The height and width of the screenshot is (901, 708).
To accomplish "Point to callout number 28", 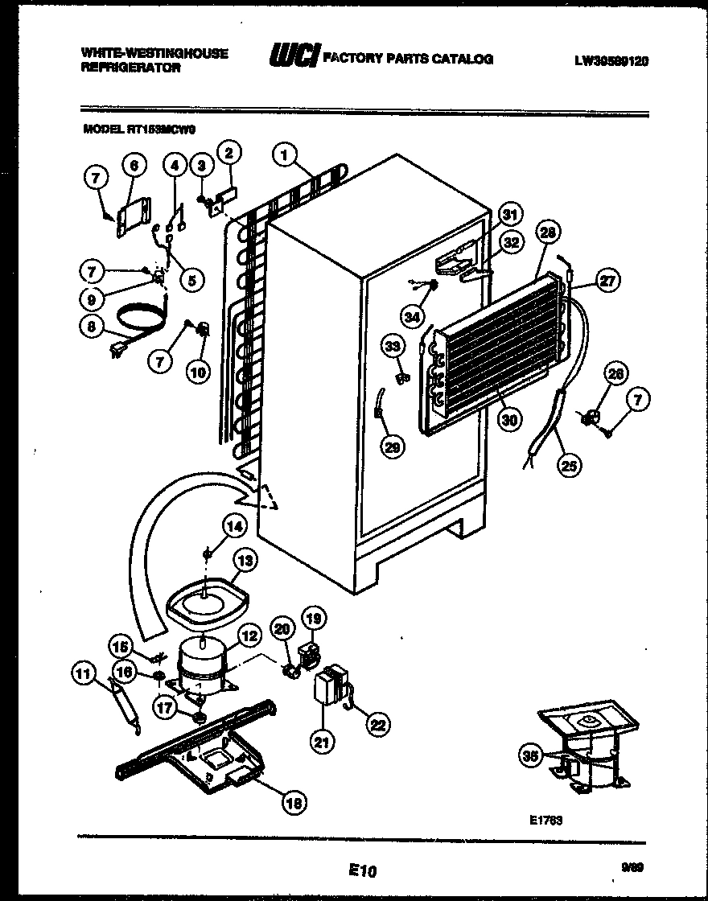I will (x=548, y=234).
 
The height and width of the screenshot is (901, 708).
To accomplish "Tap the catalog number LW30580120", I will (x=611, y=60).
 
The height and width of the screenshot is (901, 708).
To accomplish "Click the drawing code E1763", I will (x=545, y=820).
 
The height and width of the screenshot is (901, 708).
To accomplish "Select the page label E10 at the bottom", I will (x=364, y=870).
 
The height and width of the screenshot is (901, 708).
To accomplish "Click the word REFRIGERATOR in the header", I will (x=130, y=68).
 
